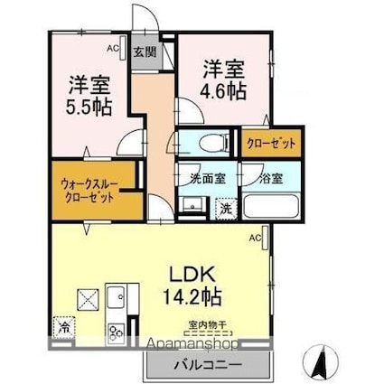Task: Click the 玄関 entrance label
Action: pos(145,52)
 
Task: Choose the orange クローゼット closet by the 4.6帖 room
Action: pos(270,143)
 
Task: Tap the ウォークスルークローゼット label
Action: pos(89,190)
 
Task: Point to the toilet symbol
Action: pos(200,143)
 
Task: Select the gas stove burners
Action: pos(118,332)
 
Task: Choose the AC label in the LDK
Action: pos(255,238)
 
